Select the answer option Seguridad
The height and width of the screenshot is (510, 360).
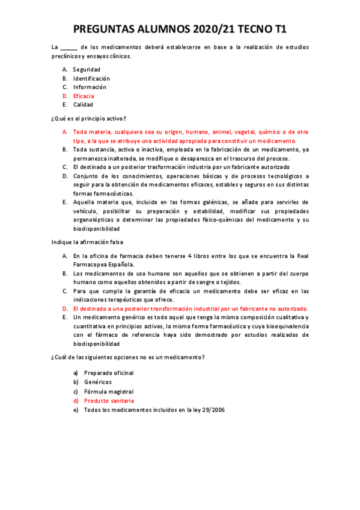point(87,70)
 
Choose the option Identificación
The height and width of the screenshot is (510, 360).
point(91,78)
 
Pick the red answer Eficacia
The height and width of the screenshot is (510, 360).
point(83,96)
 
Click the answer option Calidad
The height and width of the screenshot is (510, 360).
point(83,105)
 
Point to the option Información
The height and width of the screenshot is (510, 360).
point(90,87)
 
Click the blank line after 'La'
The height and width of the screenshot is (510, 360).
point(69,48)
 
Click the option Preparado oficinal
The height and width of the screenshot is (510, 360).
point(109,373)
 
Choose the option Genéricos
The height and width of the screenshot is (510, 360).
point(97,382)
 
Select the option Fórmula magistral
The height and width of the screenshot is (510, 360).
point(109,392)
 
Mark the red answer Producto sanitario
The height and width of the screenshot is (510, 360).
point(109,401)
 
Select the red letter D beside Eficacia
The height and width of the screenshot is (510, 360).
point(64,96)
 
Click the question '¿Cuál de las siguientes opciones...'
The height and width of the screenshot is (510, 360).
point(128,357)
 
